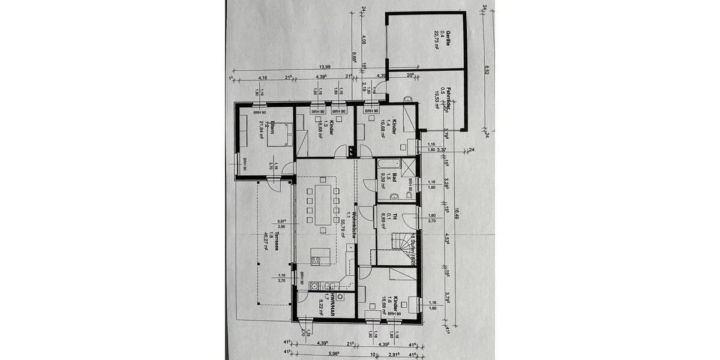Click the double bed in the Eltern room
[282, 133]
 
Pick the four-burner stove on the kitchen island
[316, 259]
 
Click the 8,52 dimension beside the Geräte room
[487, 70]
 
